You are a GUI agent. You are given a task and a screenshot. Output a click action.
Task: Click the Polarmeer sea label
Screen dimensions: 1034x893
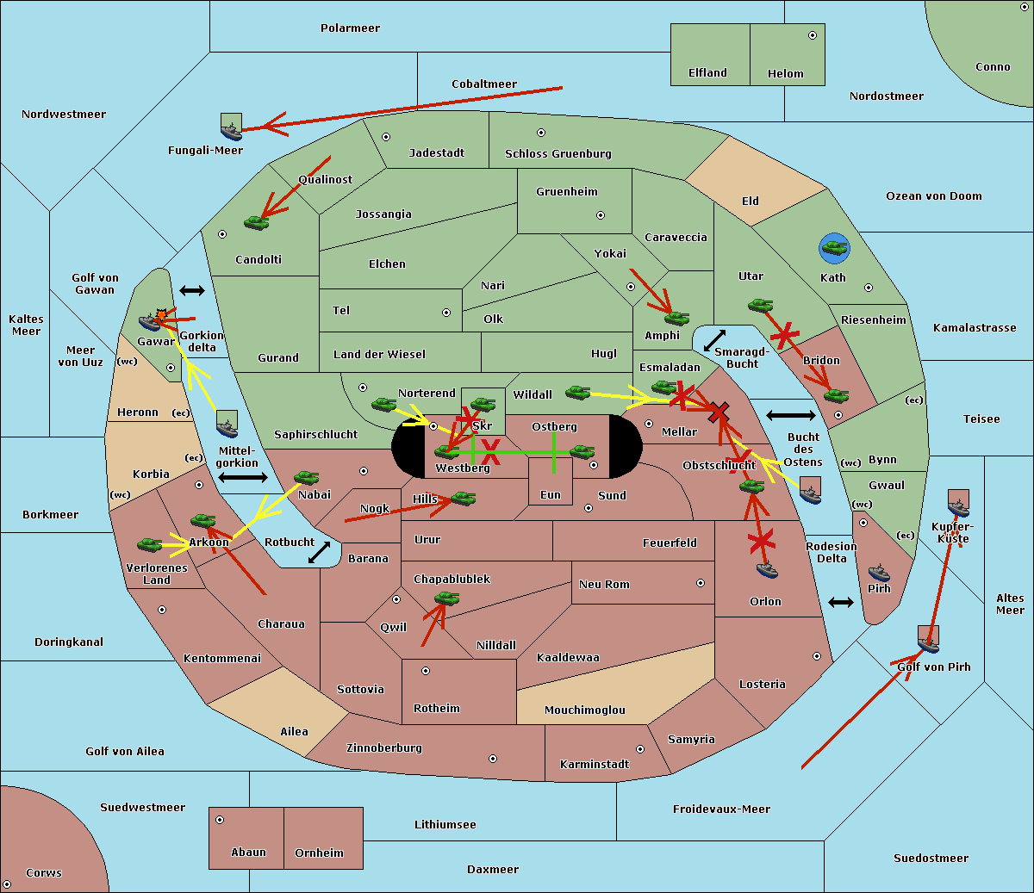350,28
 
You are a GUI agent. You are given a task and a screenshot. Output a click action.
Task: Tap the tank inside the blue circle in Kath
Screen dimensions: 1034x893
835,247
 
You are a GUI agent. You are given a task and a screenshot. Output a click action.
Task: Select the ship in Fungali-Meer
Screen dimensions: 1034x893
231,131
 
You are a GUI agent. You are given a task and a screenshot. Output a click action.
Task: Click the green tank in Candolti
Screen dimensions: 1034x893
256,222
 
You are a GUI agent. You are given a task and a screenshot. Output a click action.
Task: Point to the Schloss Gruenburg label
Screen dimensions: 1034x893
558,153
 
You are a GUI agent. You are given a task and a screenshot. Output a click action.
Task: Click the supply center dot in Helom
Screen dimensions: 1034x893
813,35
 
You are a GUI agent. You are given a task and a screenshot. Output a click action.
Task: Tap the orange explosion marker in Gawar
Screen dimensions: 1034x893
161,315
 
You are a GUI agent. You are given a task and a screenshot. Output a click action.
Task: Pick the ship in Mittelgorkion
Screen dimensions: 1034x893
227,429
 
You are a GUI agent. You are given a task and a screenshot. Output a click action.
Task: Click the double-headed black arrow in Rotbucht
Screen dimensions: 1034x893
319,552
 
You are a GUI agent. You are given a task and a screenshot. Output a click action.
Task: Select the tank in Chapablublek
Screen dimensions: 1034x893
446,598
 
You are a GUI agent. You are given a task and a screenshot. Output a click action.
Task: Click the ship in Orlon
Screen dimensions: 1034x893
767,569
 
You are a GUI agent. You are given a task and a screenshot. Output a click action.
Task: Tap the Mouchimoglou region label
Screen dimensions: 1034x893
585,710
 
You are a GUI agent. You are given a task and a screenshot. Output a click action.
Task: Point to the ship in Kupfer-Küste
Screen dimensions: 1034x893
958,508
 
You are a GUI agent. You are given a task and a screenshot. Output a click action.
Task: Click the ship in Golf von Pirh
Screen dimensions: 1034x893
929,644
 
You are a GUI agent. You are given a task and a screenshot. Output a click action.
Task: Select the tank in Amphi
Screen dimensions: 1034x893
676,318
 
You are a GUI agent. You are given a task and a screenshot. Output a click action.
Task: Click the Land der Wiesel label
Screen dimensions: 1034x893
379,355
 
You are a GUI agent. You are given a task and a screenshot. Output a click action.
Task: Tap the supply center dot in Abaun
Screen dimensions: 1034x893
220,820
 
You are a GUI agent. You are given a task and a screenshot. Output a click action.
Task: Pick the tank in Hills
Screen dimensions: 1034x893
464,498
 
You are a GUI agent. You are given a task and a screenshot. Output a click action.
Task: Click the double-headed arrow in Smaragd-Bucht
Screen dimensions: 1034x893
714,340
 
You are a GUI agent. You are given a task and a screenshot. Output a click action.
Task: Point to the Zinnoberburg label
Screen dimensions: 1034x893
384,748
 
